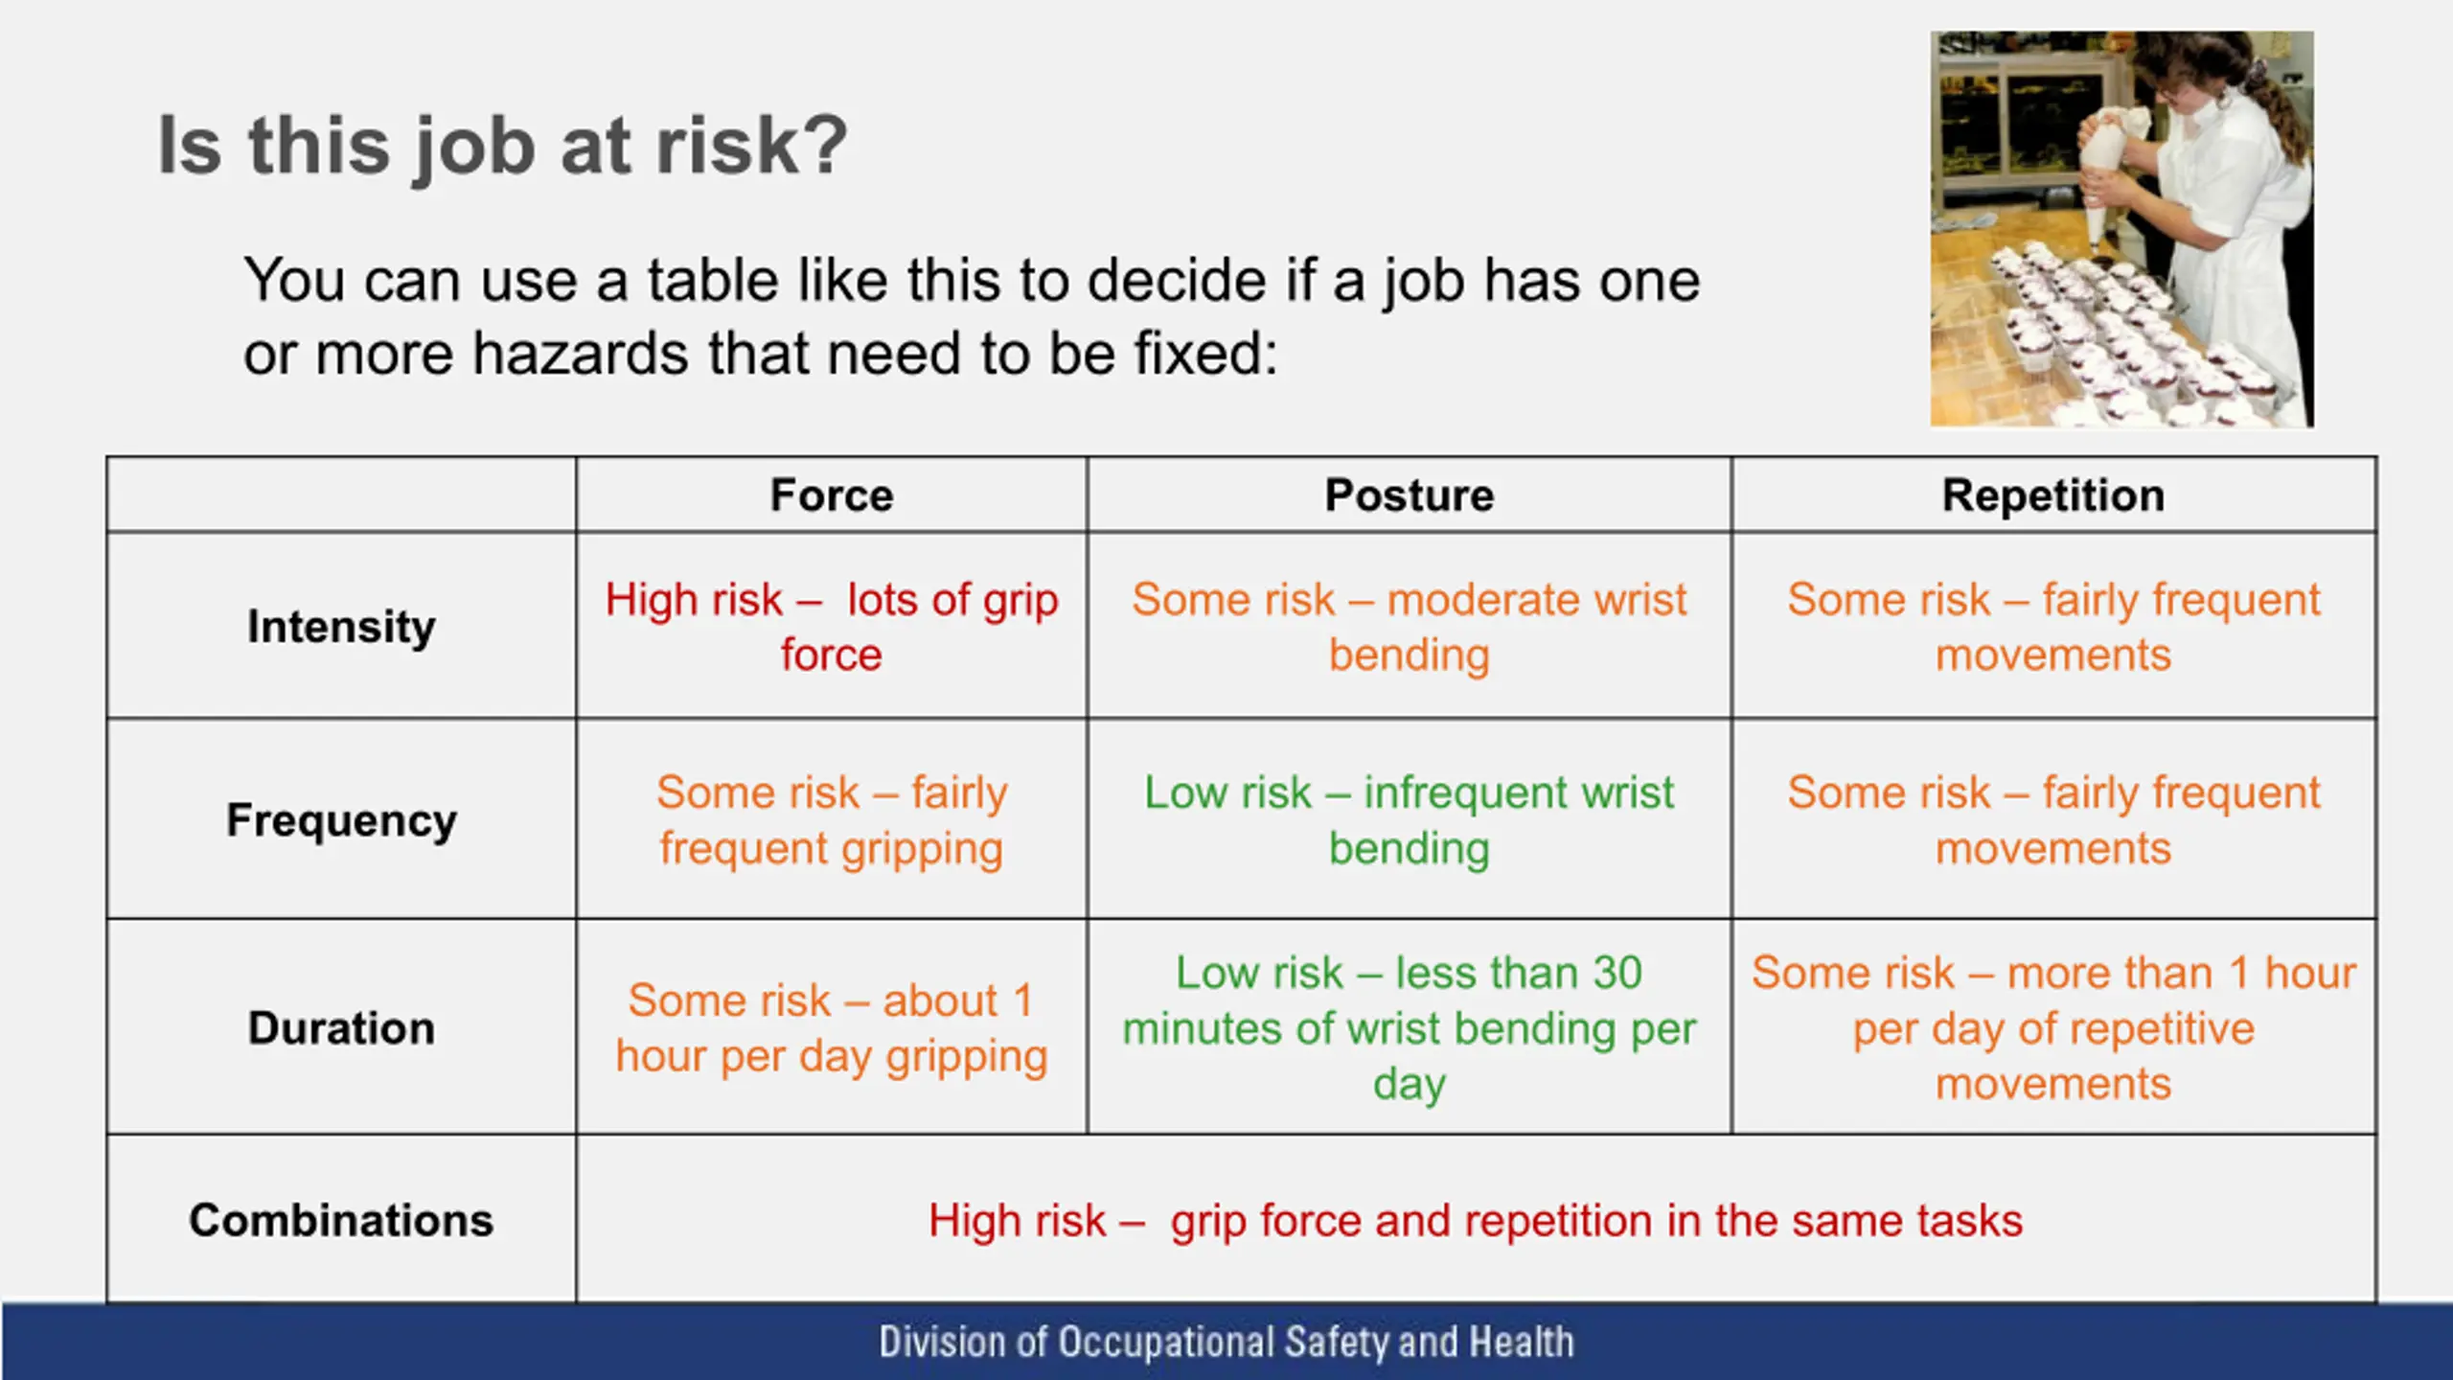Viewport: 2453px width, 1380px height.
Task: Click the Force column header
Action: tap(832, 495)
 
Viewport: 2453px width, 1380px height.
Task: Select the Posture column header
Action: tap(1410, 495)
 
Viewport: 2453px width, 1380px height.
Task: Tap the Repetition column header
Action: tap(2053, 496)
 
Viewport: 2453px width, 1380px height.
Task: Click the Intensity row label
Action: tap(341, 628)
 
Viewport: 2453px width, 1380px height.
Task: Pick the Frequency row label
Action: tap(341, 821)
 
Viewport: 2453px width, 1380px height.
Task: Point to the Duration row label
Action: tap(341, 1028)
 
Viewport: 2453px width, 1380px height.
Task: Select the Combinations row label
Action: tap(341, 1221)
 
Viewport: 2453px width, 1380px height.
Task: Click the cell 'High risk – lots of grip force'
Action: tap(832, 627)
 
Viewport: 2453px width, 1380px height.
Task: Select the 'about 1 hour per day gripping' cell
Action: tap(832, 1028)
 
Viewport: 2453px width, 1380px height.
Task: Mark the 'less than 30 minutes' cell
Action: tap(1410, 1028)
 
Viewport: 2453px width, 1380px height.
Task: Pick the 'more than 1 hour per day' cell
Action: tap(2053, 1028)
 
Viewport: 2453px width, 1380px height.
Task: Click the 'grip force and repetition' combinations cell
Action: tap(1476, 1221)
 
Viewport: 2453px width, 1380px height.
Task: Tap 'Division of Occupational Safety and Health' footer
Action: tap(1226, 1342)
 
